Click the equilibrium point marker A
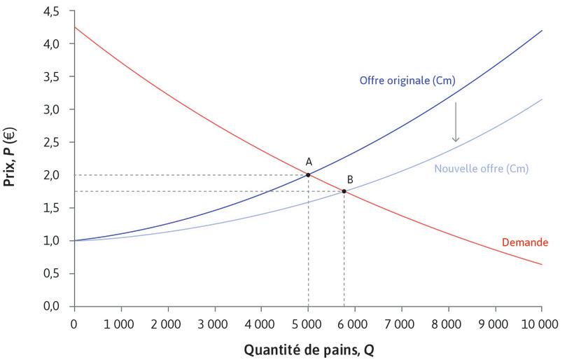pyautogui.click(x=308, y=175)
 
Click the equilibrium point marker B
pyautogui.click(x=344, y=191)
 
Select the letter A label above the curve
pyautogui.click(x=309, y=160)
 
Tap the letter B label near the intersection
pyautogui.click(x=349, y=179)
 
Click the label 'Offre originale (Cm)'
pyautogui.click(x=407, y=81)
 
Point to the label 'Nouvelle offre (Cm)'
pyautogui.click(x=481, y=169)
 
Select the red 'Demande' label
pyautogui.click(x=524, y=242)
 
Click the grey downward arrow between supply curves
pyautogui.click(x=455, y=122)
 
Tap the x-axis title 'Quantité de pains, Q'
pyautogui.click(x=308, y=348)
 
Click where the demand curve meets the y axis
pyautogui.click(x=73, y=27)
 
